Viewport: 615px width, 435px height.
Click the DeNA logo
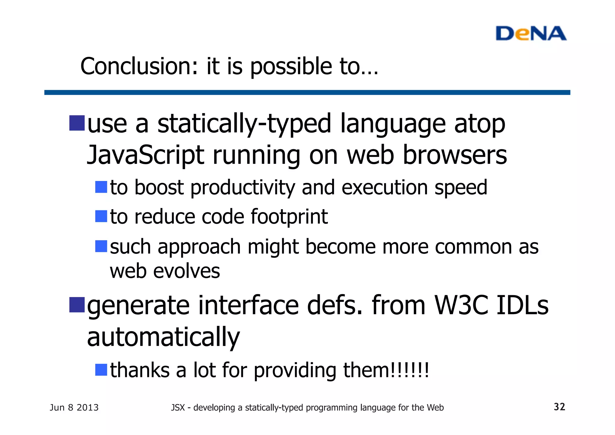click(531, 33)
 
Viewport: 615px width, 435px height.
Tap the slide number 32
click(559, 407)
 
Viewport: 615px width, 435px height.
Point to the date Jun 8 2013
click(74, 407)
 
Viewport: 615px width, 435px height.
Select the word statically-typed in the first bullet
click(244, 124)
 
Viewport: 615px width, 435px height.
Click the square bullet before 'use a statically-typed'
click(77, 123)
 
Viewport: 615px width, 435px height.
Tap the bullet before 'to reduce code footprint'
click(101, 216)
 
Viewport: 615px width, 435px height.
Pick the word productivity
click(243, 188)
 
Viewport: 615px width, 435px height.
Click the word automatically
click(163, 337)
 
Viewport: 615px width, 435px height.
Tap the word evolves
click(186, 271)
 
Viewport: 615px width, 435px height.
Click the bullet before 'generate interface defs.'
click(77, 305)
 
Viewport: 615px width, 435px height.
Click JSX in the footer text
click(178, 408)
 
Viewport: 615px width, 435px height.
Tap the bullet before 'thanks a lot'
click(101, 370)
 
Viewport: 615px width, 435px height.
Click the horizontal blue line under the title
click(307, 92)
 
